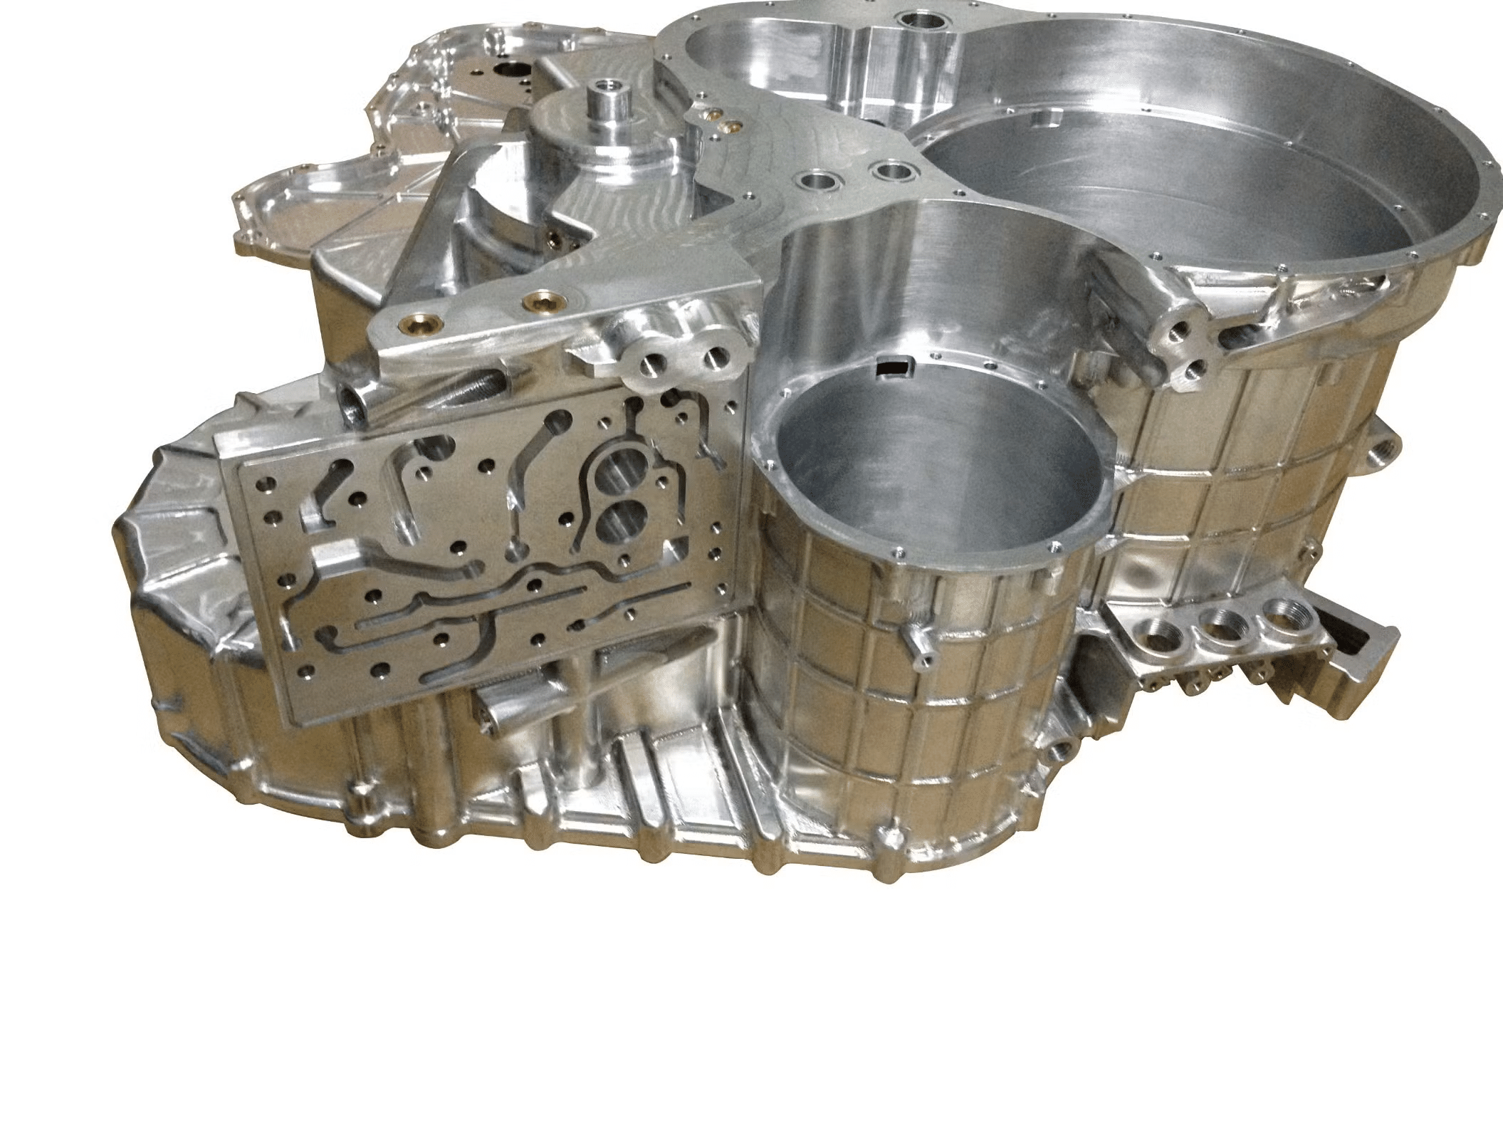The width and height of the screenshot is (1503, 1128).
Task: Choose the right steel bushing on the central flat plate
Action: (890, 171)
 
